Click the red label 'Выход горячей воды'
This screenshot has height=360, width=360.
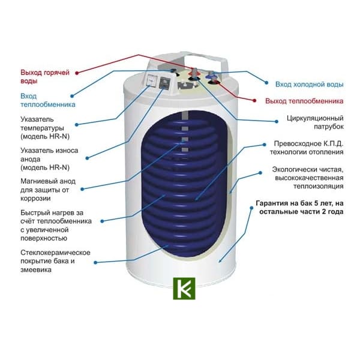pyautogui.click(x=45, y=76)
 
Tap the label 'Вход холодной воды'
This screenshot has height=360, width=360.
pyautogui.click(x=309, y=84)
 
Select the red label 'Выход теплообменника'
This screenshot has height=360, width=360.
pyautogui.click(x=304, y=101)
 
